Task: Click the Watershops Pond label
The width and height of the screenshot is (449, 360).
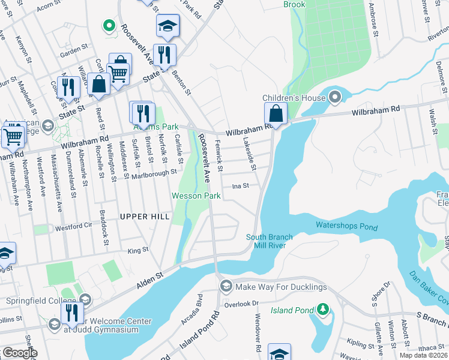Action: (346, 227)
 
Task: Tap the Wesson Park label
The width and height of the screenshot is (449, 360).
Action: (196, 196)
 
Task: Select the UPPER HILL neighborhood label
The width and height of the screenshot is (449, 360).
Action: (145, 217)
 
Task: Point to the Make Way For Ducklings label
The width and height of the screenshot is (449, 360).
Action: (281, 287)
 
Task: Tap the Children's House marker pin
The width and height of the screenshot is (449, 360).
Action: (334, 97)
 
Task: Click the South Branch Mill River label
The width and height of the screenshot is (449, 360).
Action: (269, 241)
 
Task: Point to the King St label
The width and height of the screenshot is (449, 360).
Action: (137, 250)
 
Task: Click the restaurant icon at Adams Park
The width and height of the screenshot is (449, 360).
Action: (142, 112)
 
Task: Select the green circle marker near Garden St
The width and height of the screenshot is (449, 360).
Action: (109, 26)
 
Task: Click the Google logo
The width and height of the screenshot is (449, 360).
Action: (20, 353)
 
